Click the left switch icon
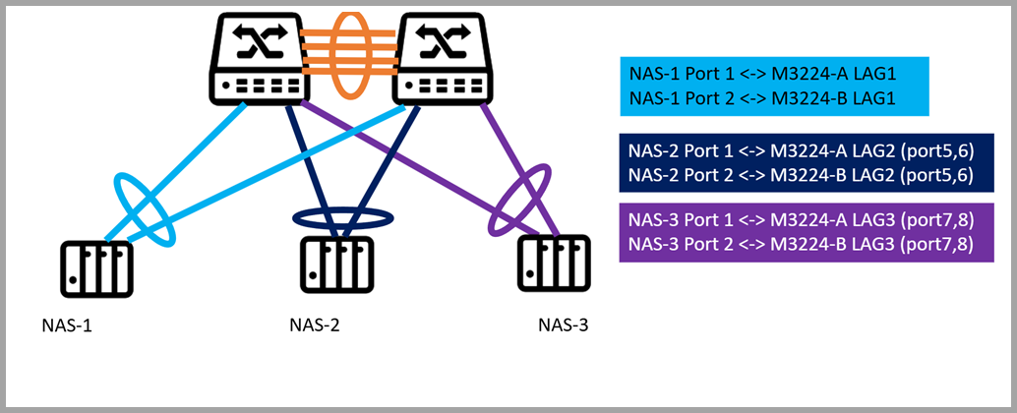(255, 57)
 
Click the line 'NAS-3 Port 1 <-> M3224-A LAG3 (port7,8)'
(801, 219)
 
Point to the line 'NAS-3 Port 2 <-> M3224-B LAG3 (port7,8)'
(801, 245)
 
